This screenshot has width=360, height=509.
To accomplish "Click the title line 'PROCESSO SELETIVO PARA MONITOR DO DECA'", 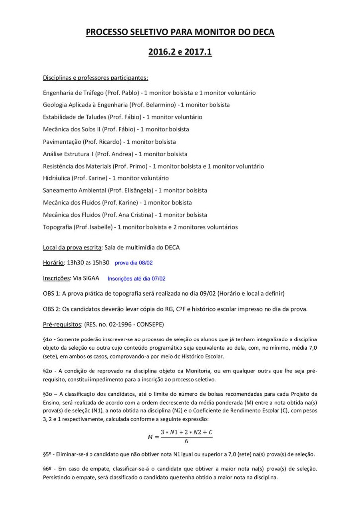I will click(x=180, y=32).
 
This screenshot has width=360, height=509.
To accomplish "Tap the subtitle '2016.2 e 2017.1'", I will click(x=180, y=52).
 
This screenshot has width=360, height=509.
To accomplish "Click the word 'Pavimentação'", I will click(x=62, y=141).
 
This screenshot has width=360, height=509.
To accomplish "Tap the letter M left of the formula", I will click(x=151, y=437).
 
